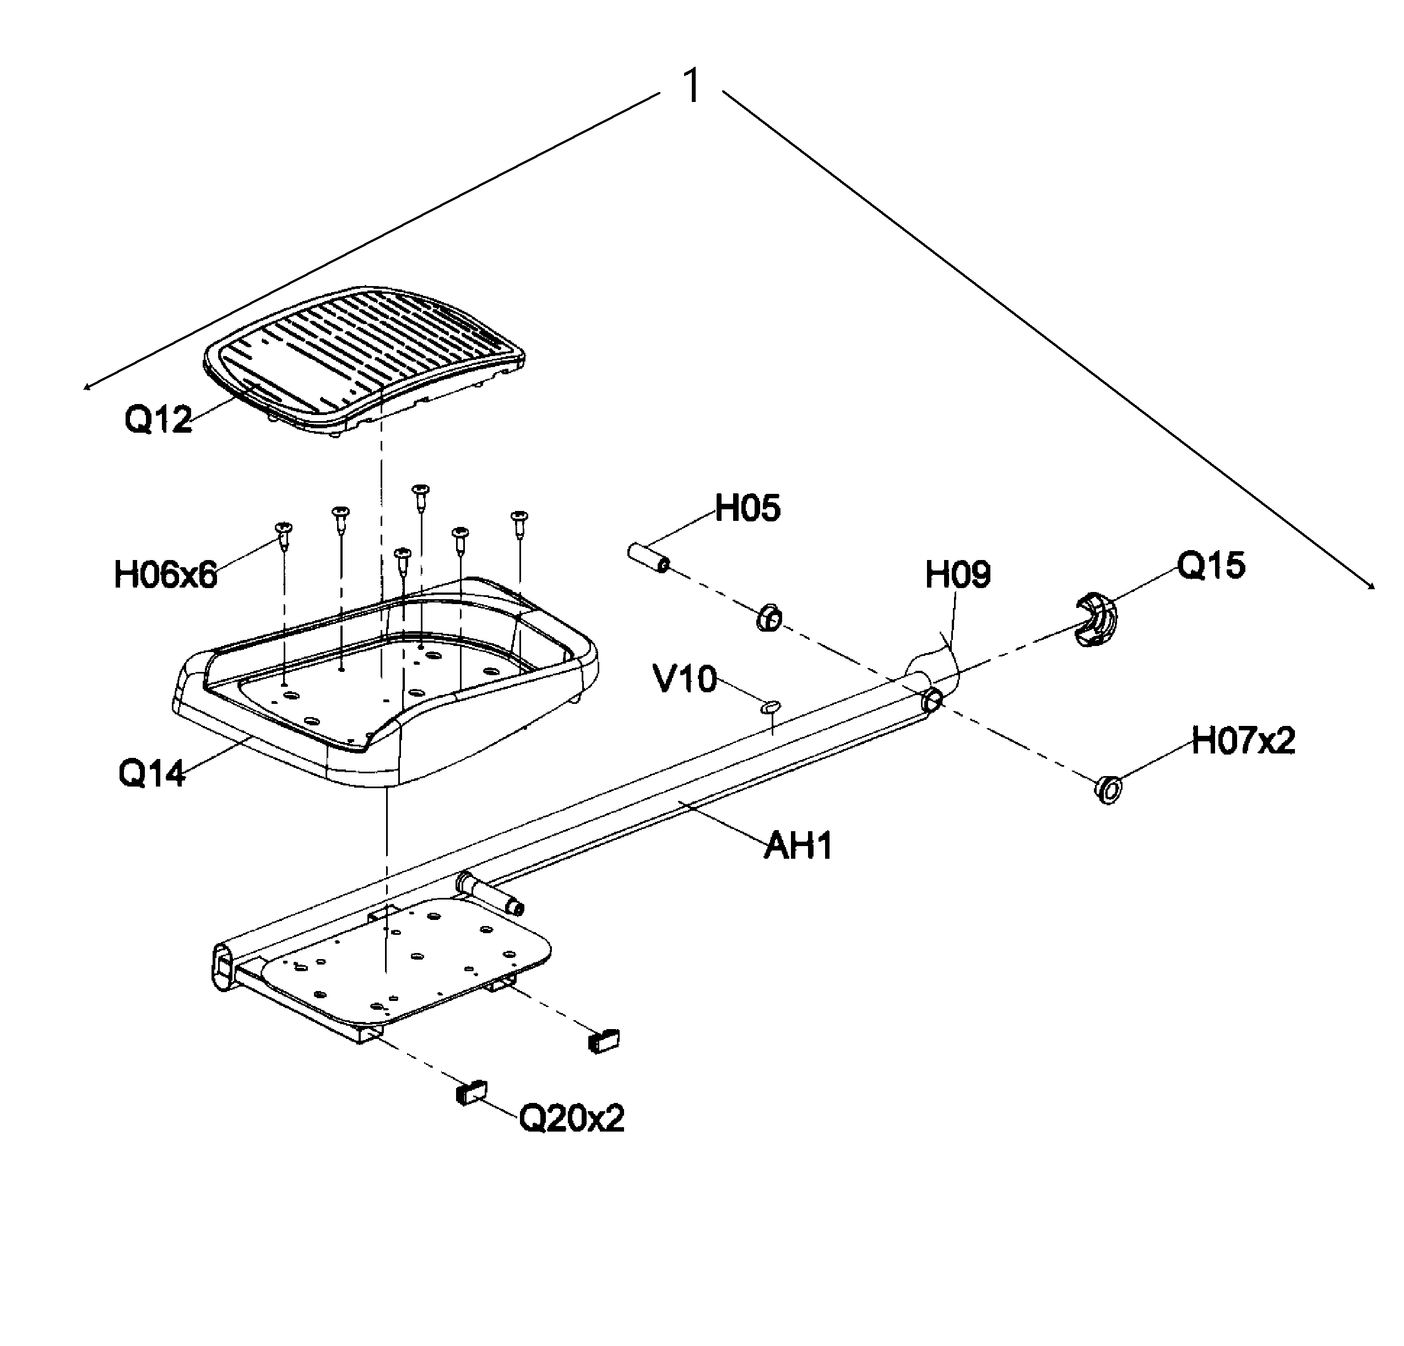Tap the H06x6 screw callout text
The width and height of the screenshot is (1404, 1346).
point(165,575)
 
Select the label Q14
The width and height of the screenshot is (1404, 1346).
point(152,773)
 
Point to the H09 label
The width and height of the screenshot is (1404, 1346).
point(958,575)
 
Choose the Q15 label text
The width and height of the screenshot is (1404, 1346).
point(1211,566)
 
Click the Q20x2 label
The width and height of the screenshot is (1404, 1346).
point(572,1117)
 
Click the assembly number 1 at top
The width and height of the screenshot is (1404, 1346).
point(692,87)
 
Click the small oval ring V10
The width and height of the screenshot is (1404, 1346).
point(770,707)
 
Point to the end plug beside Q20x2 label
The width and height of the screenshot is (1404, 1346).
point(471,1091)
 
